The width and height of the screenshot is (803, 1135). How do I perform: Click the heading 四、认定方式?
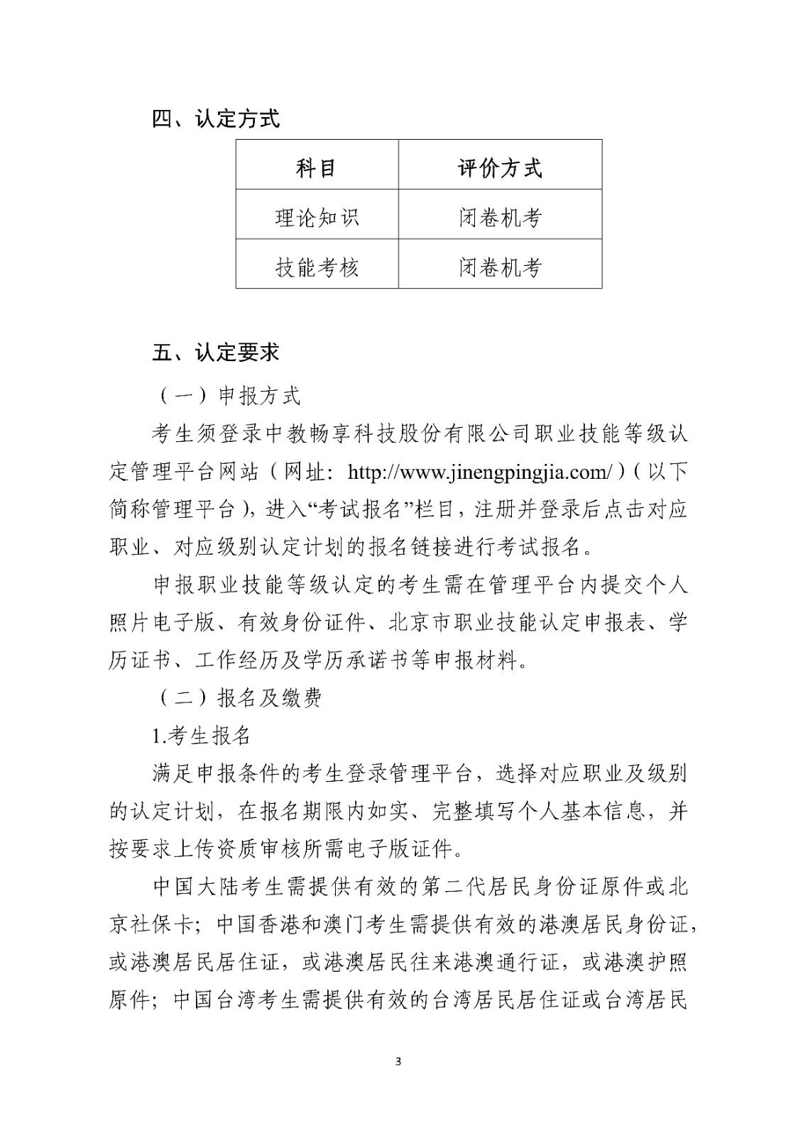tap(216, 119)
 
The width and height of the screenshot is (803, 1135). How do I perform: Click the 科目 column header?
tap(316, 168)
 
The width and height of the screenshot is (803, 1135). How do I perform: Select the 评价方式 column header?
tap(500, 168)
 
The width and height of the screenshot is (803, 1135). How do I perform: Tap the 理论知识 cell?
tap(317, 217)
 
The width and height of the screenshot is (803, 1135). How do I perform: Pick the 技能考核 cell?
tap(317, 267)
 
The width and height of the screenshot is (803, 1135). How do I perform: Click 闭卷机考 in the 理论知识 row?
tap(500, 217)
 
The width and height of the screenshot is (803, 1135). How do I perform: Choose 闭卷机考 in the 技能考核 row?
tap(500, 267)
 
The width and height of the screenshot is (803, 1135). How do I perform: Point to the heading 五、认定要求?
tap(216, 352)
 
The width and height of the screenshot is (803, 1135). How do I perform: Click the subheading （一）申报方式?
tap(227, 396)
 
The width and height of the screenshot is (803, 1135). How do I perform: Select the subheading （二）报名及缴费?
tap(238, 698)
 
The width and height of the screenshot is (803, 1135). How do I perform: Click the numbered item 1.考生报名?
tap(202, 736)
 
